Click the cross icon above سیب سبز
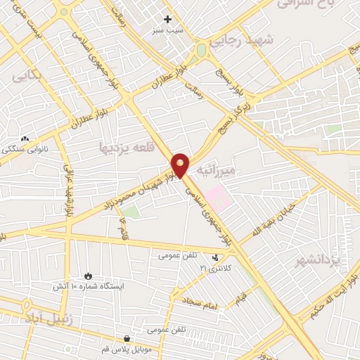point(167,20)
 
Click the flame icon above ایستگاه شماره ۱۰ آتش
point(88,274)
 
